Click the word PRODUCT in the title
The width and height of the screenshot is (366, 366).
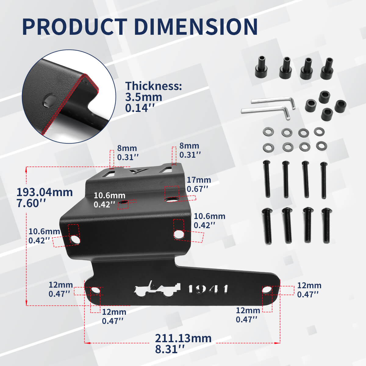(74, 27)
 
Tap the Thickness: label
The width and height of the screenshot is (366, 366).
(153, 86)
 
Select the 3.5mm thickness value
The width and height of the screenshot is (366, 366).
(144, 97)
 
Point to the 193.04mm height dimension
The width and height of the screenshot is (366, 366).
(45, 192)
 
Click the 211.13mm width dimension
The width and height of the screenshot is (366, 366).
(183, 338)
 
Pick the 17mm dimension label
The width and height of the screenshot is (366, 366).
(199, 180)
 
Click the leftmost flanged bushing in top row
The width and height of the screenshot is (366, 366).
(261, 67)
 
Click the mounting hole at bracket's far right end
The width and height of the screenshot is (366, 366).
(267, 289)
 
